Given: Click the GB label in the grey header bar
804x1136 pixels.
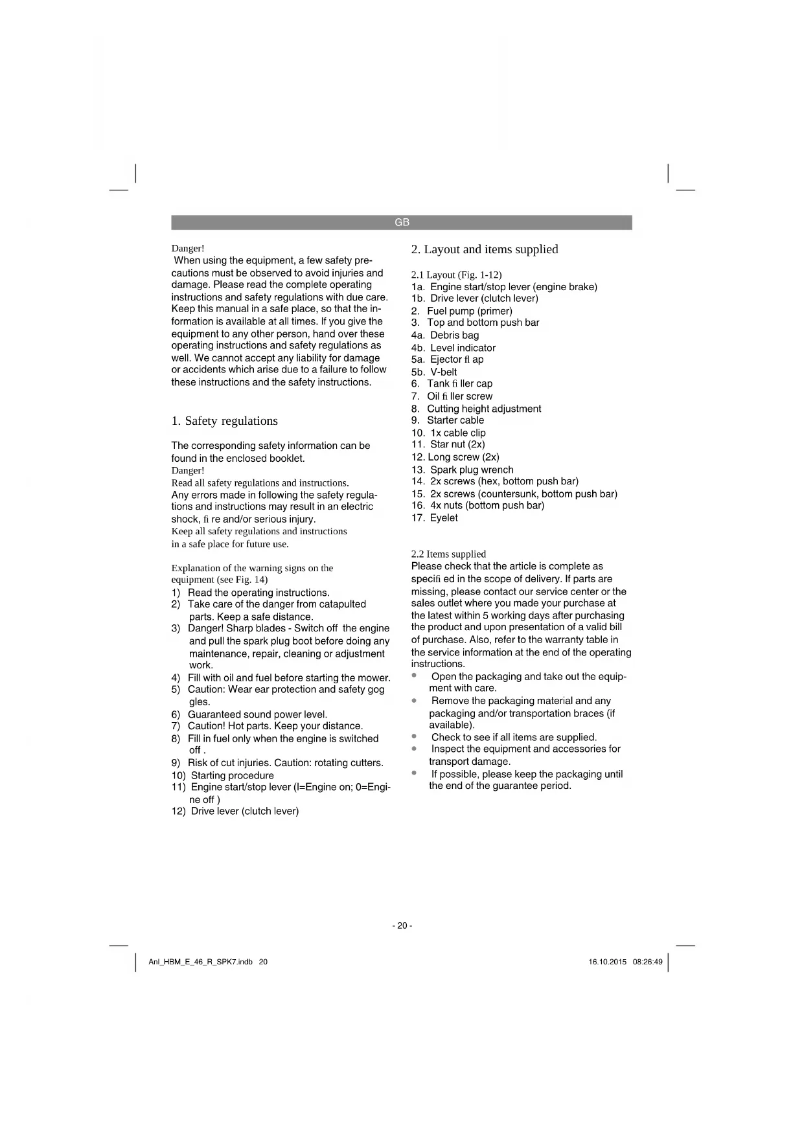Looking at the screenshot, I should tap(402, 222).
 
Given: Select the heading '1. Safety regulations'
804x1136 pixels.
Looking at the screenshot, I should tap(224, 421).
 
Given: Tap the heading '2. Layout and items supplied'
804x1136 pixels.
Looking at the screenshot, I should tap(485, 249).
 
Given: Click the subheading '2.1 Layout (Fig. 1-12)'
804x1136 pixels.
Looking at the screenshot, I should tap(456, 275).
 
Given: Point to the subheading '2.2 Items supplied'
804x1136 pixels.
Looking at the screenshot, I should tap(448, 554).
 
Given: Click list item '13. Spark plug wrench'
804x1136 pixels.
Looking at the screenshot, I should tap(462, 470).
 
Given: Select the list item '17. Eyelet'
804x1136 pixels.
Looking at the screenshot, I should tap(434, 517).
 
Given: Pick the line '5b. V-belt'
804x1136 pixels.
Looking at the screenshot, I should tap(433, 372).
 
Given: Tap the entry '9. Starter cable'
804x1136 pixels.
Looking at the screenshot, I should tap(447, 420).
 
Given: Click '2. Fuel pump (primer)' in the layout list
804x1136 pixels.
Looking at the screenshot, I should tap(461, 311).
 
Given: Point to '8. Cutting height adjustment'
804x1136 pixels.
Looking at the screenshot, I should tap(476, 409).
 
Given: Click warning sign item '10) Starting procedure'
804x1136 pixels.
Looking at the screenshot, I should tap(222, 775).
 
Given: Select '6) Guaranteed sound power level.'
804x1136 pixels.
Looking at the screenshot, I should tap(249, 714).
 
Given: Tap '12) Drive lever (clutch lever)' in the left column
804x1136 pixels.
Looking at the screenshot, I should tap(235, 811).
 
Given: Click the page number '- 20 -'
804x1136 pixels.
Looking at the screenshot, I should tap(402, 926).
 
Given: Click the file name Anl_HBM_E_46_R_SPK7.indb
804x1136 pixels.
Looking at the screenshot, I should tap(200, 962).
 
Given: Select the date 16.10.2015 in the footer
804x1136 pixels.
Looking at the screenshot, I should tap(607, 962).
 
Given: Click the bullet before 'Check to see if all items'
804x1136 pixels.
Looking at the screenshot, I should tap(414, 736).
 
